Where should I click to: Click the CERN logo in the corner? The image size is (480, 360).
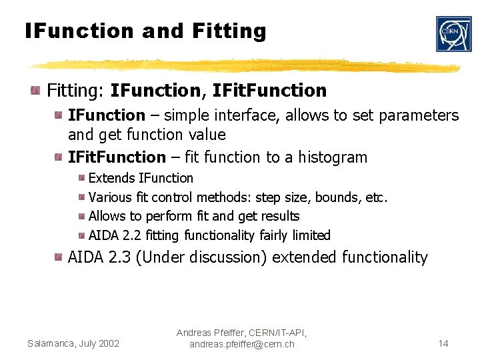pos(453,34)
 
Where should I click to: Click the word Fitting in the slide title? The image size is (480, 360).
pos(228,31)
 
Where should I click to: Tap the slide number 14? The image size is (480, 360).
pos(443,343)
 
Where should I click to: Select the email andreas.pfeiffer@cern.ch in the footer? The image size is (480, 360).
pos(241,344)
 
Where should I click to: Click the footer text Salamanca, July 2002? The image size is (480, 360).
pos(73,343)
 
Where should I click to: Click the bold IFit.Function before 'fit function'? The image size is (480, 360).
pos(117,157)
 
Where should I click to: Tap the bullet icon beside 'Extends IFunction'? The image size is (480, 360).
pos(81,178)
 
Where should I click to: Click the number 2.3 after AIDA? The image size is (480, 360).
pos(119,257)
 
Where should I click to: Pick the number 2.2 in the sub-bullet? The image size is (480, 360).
pos(131,235)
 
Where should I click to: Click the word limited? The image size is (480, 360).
pos(310,235)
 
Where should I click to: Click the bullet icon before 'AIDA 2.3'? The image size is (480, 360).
pos(59,257)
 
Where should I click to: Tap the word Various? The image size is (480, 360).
pos(107,197)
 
